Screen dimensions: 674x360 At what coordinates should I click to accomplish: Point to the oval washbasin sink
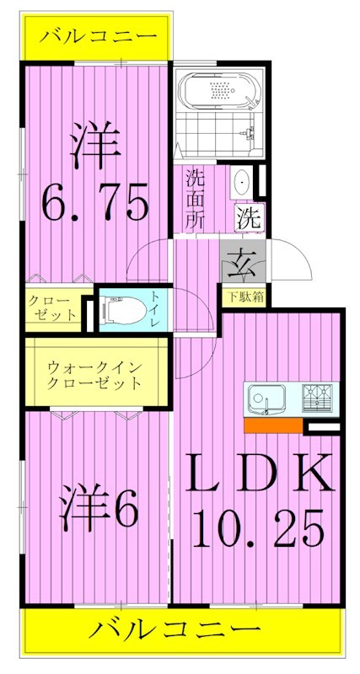[242, 180]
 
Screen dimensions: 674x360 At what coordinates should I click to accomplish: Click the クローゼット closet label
[52, 308]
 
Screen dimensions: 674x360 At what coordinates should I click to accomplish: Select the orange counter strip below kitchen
[272, 426]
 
